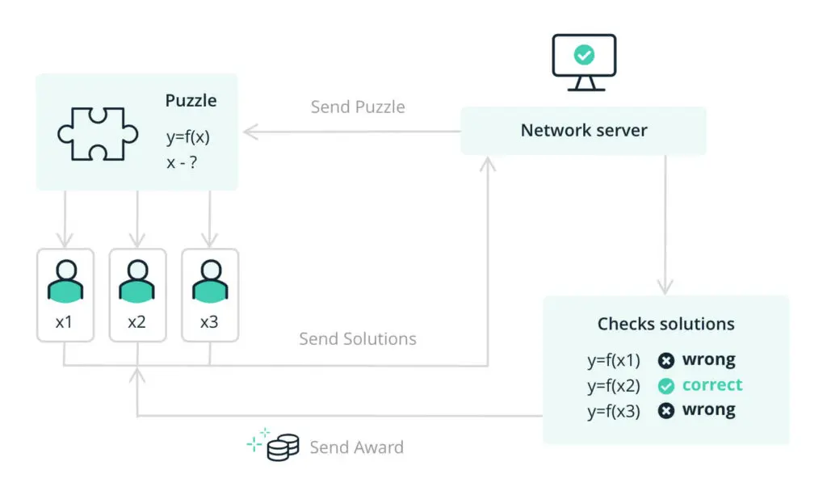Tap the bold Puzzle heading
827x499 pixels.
click(191, 101)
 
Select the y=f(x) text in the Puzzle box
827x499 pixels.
click(188, 136)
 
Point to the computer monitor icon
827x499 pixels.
click(582, 62)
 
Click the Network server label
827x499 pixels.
click(583, 131)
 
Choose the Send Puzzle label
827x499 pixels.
click(358, 107)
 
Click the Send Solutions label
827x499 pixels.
click(358, 339)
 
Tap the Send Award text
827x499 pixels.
click(356, 447)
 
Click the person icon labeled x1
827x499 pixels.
click(65, 282)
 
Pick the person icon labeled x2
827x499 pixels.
click(137, 282)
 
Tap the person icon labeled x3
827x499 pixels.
click(209, 282)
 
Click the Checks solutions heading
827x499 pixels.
click(665, 325)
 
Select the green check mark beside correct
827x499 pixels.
click(665, 386)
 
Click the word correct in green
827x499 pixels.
click(712, 385)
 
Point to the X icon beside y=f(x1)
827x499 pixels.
click(665, 361)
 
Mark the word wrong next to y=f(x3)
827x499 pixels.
click(708, 410)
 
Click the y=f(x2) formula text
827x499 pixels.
click(613, 386)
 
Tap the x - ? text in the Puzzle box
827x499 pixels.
click(183, 162)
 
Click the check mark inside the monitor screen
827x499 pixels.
click(582, 56)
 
